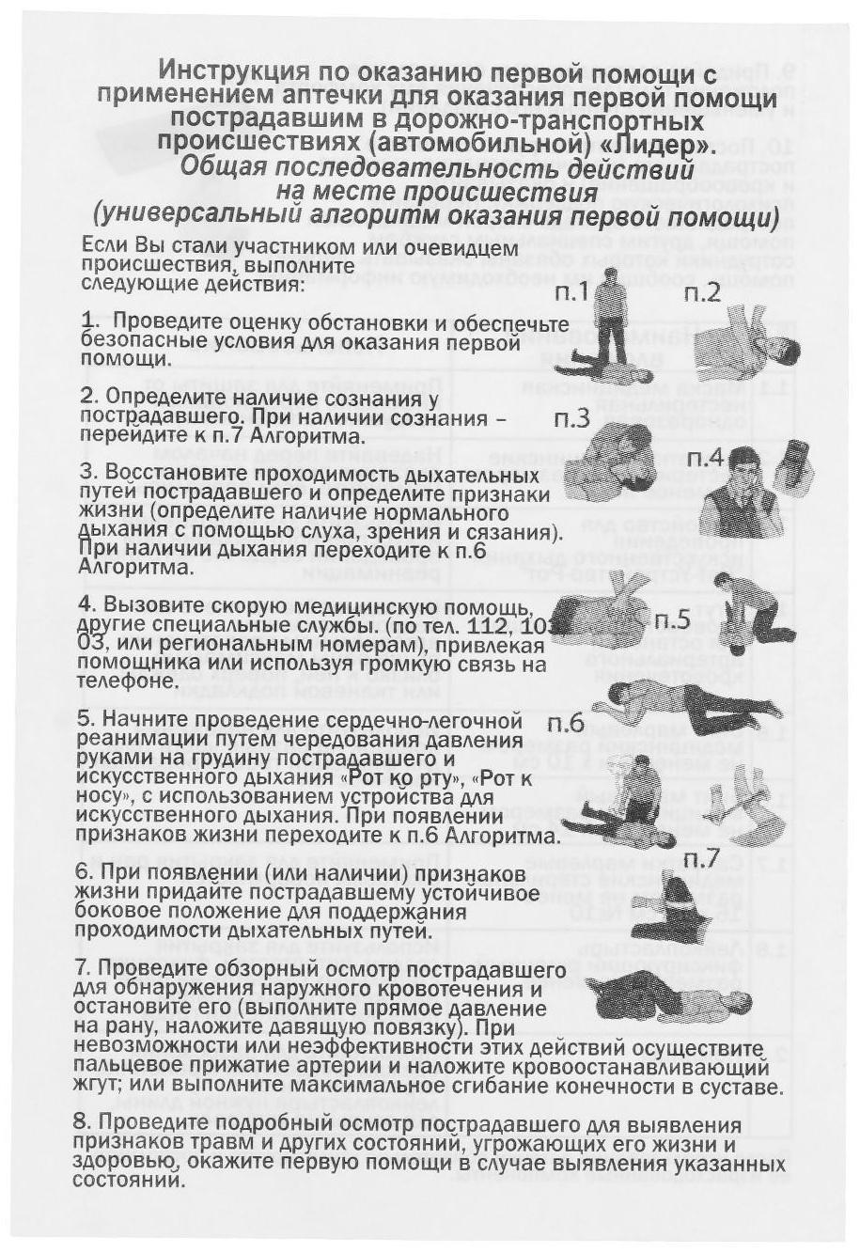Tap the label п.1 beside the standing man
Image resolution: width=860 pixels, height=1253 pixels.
[x=571, y=293]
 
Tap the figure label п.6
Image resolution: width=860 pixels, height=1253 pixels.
[x=566, y=724]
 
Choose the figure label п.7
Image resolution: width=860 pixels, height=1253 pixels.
[x=700, y=857]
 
